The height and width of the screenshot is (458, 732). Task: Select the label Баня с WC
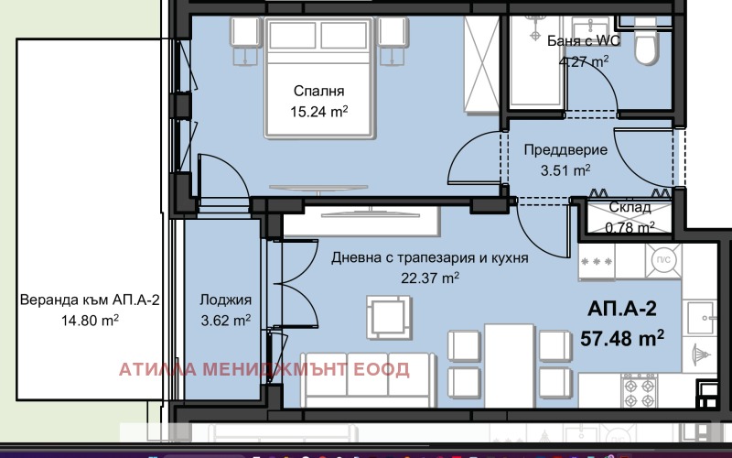[x=571, y=41]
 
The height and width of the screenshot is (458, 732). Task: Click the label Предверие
[x=559, y=149]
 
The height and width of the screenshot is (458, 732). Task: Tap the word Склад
[x=630, y=208]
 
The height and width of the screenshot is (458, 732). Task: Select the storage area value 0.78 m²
[x=631, y=226]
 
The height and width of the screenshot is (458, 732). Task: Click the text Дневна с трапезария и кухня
[x=430, y=259]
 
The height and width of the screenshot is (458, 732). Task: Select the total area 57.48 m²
[x=622, y=339]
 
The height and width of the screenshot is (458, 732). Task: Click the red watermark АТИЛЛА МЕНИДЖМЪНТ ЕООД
[x=264, y=370]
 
